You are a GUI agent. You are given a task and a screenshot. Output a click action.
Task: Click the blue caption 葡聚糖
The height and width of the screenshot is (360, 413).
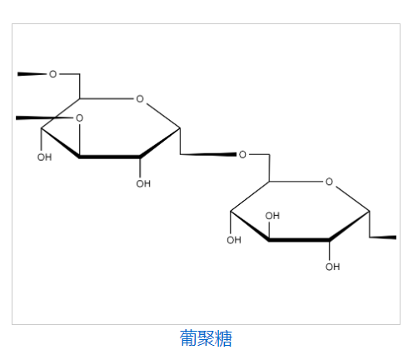[206, 337]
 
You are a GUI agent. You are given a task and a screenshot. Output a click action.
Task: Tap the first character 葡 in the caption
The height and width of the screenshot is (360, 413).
[188, 337]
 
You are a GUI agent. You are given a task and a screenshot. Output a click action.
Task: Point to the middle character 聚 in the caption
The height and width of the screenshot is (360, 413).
[206, 337]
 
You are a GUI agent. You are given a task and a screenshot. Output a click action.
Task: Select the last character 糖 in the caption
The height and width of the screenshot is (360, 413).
[223, 337]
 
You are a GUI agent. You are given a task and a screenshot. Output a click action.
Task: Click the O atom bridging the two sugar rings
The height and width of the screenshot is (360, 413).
[242, 154]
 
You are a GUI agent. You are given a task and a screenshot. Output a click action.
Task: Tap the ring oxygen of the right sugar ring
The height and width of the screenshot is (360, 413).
[329, 181]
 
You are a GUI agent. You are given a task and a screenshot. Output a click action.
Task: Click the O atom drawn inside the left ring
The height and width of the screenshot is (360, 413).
[79, 118]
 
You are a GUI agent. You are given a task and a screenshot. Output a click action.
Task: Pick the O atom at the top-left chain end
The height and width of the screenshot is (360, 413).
[53, 74]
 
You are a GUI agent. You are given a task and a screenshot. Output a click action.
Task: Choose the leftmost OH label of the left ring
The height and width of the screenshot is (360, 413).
[44, 157]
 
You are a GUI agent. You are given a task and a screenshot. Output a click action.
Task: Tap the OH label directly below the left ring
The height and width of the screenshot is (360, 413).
[143, 183]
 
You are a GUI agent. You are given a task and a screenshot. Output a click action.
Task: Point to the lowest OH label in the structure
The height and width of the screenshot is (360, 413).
[332, 267]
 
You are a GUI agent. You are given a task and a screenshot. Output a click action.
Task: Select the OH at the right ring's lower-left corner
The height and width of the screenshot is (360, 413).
[233, 241]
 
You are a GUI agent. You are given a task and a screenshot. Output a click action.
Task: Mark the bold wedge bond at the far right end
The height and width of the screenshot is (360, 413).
[382, 237]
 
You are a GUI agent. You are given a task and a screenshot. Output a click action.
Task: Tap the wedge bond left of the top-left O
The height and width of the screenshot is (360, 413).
[32, 74]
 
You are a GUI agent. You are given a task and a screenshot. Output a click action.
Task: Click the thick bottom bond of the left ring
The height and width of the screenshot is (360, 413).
[109, 157]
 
